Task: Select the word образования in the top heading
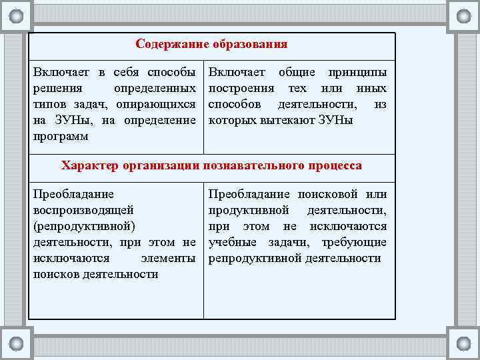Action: tap(250, 45)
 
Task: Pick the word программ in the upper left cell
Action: tap(61, 137)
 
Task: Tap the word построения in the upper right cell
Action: tap(241, 89)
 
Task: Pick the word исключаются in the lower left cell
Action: tap(68, 259)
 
